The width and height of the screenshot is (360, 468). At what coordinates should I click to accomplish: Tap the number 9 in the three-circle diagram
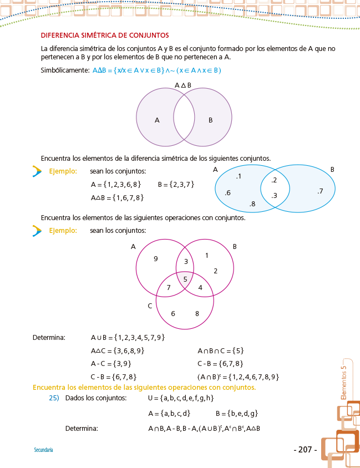[156, 258]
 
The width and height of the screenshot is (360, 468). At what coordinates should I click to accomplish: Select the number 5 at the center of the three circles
[185, 279]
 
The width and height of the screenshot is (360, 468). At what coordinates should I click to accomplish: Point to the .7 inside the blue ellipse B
[320, 191]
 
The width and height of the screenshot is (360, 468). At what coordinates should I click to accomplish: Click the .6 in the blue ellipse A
[227, 192]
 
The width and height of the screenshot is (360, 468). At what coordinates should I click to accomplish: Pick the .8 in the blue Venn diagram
[252, 204]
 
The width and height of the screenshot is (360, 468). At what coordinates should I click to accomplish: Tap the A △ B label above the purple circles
[183, 85]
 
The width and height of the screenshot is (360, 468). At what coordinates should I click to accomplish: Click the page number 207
[305, 450]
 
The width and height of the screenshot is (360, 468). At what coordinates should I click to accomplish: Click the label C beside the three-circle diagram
[150, 306]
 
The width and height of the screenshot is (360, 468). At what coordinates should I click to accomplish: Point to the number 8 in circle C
[197, 313]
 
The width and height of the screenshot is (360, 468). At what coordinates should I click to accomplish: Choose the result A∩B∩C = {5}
[221, 350]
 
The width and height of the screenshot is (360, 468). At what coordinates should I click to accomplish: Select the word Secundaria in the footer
[43, 450]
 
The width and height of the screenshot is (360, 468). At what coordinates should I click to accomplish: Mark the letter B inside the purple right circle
[210, 120]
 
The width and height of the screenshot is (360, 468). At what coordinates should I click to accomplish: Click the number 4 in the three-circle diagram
[200, 287]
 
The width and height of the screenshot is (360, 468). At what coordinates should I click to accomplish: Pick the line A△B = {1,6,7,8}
[117, 197]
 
